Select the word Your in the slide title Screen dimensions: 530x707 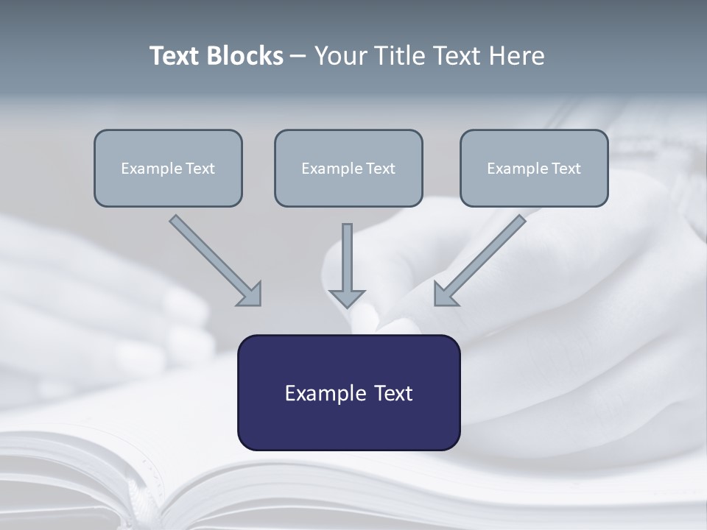coord(340,56)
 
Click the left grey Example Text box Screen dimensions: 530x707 coord(168,168)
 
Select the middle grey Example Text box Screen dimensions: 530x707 coord(348,168)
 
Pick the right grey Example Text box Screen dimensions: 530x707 coord(534,168)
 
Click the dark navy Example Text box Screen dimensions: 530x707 coord(348,392)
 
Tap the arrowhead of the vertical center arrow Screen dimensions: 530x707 coord(347,297)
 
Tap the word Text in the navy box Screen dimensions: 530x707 coord(393,393)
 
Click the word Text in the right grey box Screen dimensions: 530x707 coord(566,169)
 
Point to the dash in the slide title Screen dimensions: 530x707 coord(298,57)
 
